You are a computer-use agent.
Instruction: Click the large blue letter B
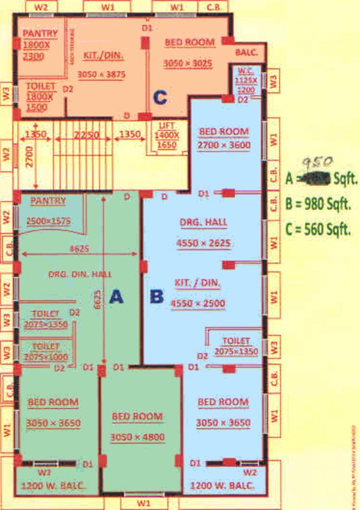tap(157, 296)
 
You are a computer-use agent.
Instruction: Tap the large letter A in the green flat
tap(117, 297)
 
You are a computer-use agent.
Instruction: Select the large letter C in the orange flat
tap(159, 98)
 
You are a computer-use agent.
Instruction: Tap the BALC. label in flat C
tap(248, 51)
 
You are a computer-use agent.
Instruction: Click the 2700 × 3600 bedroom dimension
tap(225, 145)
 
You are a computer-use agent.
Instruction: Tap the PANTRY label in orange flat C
tap(39, 33)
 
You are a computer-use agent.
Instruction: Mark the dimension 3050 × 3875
tap(101, 75)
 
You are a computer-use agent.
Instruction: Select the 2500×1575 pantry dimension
tap(50, 221)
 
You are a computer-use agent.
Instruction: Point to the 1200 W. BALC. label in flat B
tap(222, 487)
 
